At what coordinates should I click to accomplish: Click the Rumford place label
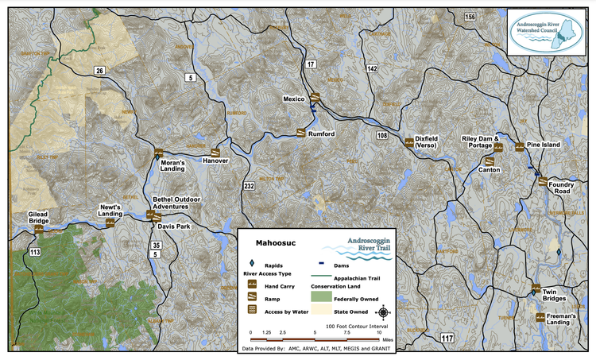[x=322, y=134]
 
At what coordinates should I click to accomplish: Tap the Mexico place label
[x=295, y=99]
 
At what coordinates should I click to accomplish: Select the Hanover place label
[x=215, y=161]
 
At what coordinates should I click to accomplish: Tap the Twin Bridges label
[x=554, y=295]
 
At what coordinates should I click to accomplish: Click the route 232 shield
[x=249, y=185]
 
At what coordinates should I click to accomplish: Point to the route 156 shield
[x=470, y=17]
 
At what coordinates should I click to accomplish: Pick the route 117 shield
[x=447, y=339]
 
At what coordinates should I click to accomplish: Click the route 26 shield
[x=99, y=71]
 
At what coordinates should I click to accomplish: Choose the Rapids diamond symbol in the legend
[x=251, y=264]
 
